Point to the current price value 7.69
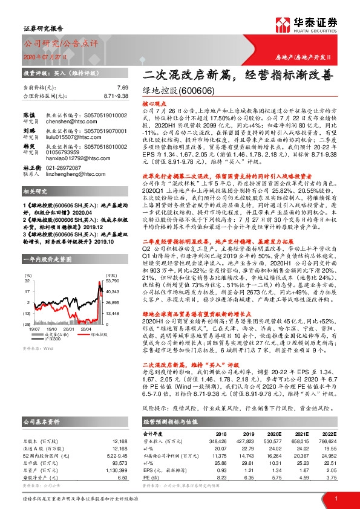(123, 88)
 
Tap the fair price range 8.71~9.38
(116, 96)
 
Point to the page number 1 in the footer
(335, 498)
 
